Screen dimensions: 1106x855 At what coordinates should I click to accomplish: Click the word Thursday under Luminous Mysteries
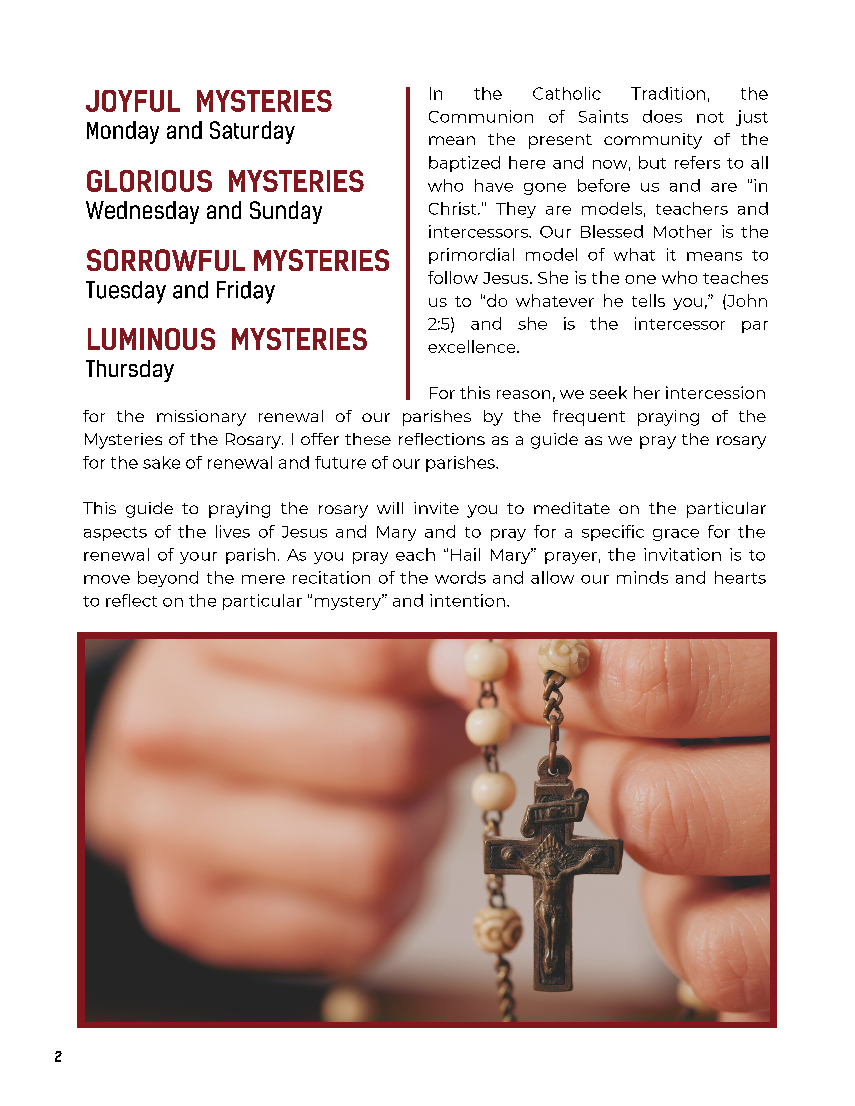tap(130, 369)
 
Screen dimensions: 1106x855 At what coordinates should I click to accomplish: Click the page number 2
tap(58, 1056)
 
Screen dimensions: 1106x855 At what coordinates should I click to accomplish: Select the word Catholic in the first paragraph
tap(566, 94)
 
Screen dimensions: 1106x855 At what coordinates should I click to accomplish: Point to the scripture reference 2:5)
tap(441, 324)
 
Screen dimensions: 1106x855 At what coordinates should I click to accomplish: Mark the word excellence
tap(473, 348)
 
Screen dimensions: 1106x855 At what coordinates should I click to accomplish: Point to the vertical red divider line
tap(408, 243)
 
